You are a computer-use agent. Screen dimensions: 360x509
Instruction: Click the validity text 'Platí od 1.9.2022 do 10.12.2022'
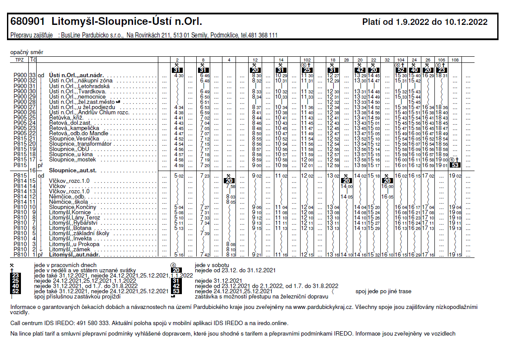(x=425, y=22)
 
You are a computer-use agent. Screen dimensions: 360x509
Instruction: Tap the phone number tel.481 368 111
(x=259, y=35)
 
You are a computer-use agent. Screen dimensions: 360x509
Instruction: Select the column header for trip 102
(x=307, y=59)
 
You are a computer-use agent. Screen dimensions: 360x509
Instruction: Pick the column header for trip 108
(x=455, y=59)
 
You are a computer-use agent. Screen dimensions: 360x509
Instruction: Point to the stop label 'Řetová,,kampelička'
(x=75, y=128)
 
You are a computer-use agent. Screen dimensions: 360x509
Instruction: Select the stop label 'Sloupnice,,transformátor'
(x=80, y=144)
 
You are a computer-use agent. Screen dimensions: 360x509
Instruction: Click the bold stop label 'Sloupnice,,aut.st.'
(x=73, y=170)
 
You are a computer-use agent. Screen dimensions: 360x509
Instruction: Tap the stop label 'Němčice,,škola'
(x=68, y=202)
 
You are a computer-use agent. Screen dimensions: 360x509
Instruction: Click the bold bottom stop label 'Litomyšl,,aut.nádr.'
(x=75, y=254)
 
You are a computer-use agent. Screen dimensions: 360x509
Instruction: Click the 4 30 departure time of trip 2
(x=178, y=76)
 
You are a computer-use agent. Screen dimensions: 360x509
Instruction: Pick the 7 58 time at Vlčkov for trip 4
(x=231, y=186)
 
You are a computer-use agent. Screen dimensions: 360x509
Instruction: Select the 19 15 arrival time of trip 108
(x=455, y=254)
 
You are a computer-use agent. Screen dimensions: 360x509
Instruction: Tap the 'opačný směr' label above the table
(x=24, y=52)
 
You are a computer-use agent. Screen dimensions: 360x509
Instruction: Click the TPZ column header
(x=20, y=59)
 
